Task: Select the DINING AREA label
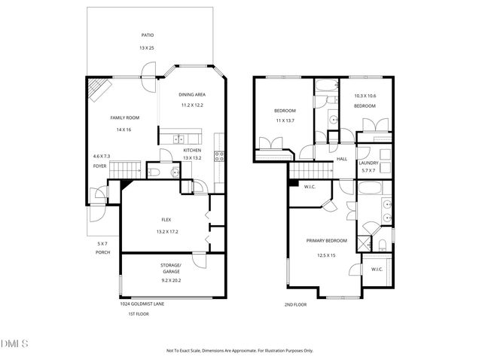[x=193, y=94]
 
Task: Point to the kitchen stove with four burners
[x=220, y=157]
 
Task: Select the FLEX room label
[x=166, y=219]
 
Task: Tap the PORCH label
[x=103, y=252]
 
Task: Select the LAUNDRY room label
[x=368, y=163]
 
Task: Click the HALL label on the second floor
[x=341, y=159]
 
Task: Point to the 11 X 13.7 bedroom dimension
[x=284, y=121]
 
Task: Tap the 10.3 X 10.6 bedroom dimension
[x=365, y=96]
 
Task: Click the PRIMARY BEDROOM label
[x=326, y=241]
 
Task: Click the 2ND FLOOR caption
[x=296, y=305]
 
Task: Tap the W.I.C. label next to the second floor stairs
[x=309, y=188]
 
